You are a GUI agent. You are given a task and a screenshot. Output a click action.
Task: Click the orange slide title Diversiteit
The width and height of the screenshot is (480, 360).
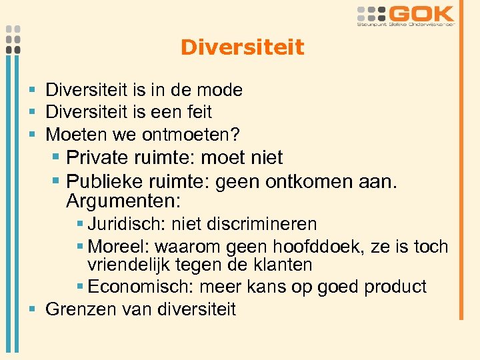[x=242, y=47]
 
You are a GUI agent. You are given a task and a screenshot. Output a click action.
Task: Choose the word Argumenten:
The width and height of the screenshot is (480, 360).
[x=124, y=200]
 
